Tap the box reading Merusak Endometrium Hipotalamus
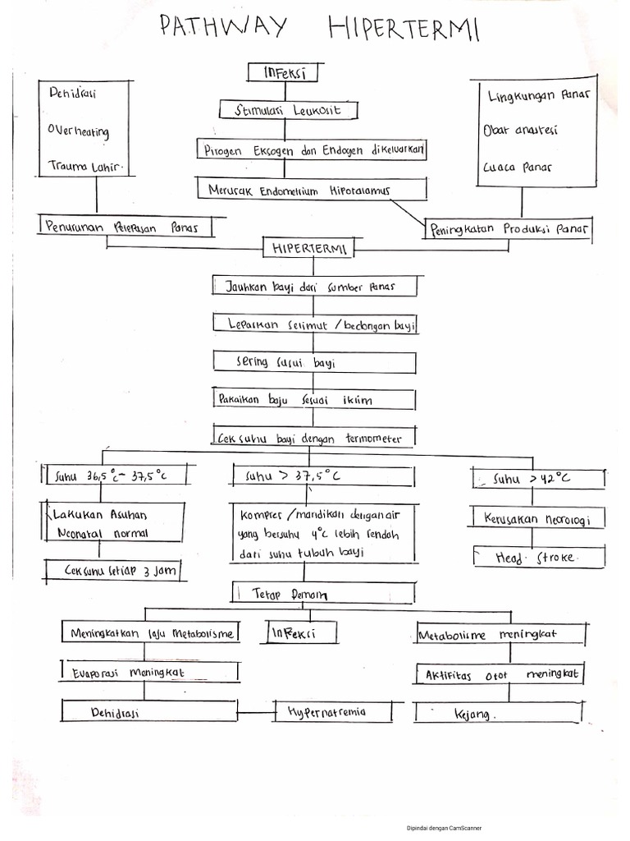tap(312, 190)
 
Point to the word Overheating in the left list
tap(78, 131)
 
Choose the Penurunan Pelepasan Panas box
tap(123, 226)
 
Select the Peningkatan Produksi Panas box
tap(509, 230)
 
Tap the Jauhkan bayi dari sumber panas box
tap(315, 287)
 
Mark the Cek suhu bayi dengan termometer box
tap(312, 438)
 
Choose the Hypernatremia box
tap(338, 711)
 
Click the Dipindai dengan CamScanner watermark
tap(444, 829)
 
